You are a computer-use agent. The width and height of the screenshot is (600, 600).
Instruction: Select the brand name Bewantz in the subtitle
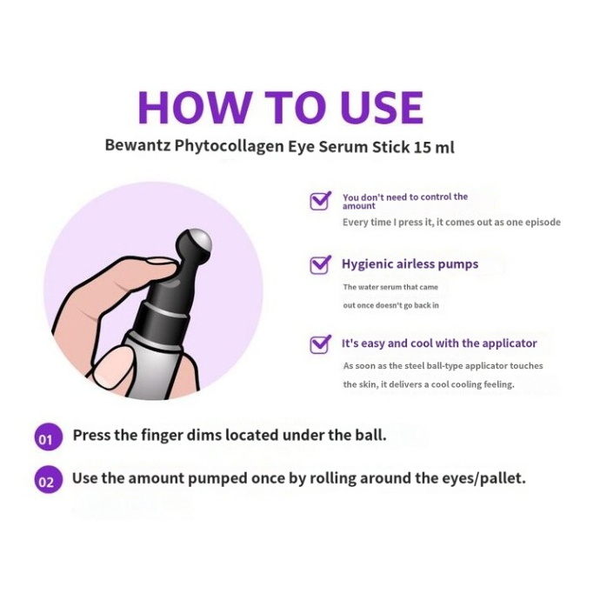point(137,146)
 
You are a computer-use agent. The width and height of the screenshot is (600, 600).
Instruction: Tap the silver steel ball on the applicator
point(201,239)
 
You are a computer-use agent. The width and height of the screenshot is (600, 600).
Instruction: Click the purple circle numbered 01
point(48,437)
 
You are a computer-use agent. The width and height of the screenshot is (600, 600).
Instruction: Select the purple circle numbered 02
point(48,480)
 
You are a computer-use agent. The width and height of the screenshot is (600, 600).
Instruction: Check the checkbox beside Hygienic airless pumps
point(320,265)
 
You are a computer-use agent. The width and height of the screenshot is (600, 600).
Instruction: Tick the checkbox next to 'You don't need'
point(320,201)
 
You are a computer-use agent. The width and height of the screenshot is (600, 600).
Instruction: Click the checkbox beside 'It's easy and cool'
point(320,344)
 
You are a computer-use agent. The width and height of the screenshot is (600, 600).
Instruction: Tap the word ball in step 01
point(371,435)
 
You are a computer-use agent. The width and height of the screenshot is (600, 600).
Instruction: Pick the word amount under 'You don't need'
point(358,206)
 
